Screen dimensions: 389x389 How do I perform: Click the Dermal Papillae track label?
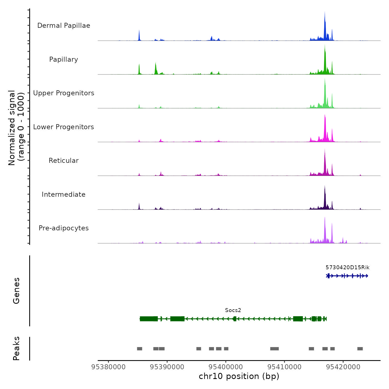point(64,26)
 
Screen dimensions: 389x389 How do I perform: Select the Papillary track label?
point(64,59)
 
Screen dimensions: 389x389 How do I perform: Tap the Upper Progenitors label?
point(64,93)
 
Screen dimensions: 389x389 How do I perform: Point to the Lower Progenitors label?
point(64,127)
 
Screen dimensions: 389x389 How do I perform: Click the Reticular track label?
point(64,161)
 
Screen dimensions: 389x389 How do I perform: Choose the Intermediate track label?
point(64,194)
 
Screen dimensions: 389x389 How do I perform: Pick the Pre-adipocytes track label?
point(64,228)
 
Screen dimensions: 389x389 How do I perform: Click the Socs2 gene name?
point(233,310)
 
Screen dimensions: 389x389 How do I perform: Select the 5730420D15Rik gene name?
point(347,268)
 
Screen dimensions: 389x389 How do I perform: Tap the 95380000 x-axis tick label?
point(108,367)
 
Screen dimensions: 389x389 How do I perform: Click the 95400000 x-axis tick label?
point(226,367)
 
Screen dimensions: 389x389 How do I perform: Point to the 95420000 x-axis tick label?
point(343,367)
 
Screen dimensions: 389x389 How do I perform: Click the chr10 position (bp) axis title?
point(239,376)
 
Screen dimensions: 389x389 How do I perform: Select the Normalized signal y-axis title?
point(16,128)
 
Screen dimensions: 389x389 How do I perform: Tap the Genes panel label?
point(16,291)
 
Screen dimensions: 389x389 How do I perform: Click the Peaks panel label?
point(16,348)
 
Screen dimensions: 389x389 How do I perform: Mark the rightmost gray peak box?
point(360,349)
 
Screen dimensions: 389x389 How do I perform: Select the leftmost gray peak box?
point(139,349)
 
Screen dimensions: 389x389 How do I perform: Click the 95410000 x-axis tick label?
point(285,367)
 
